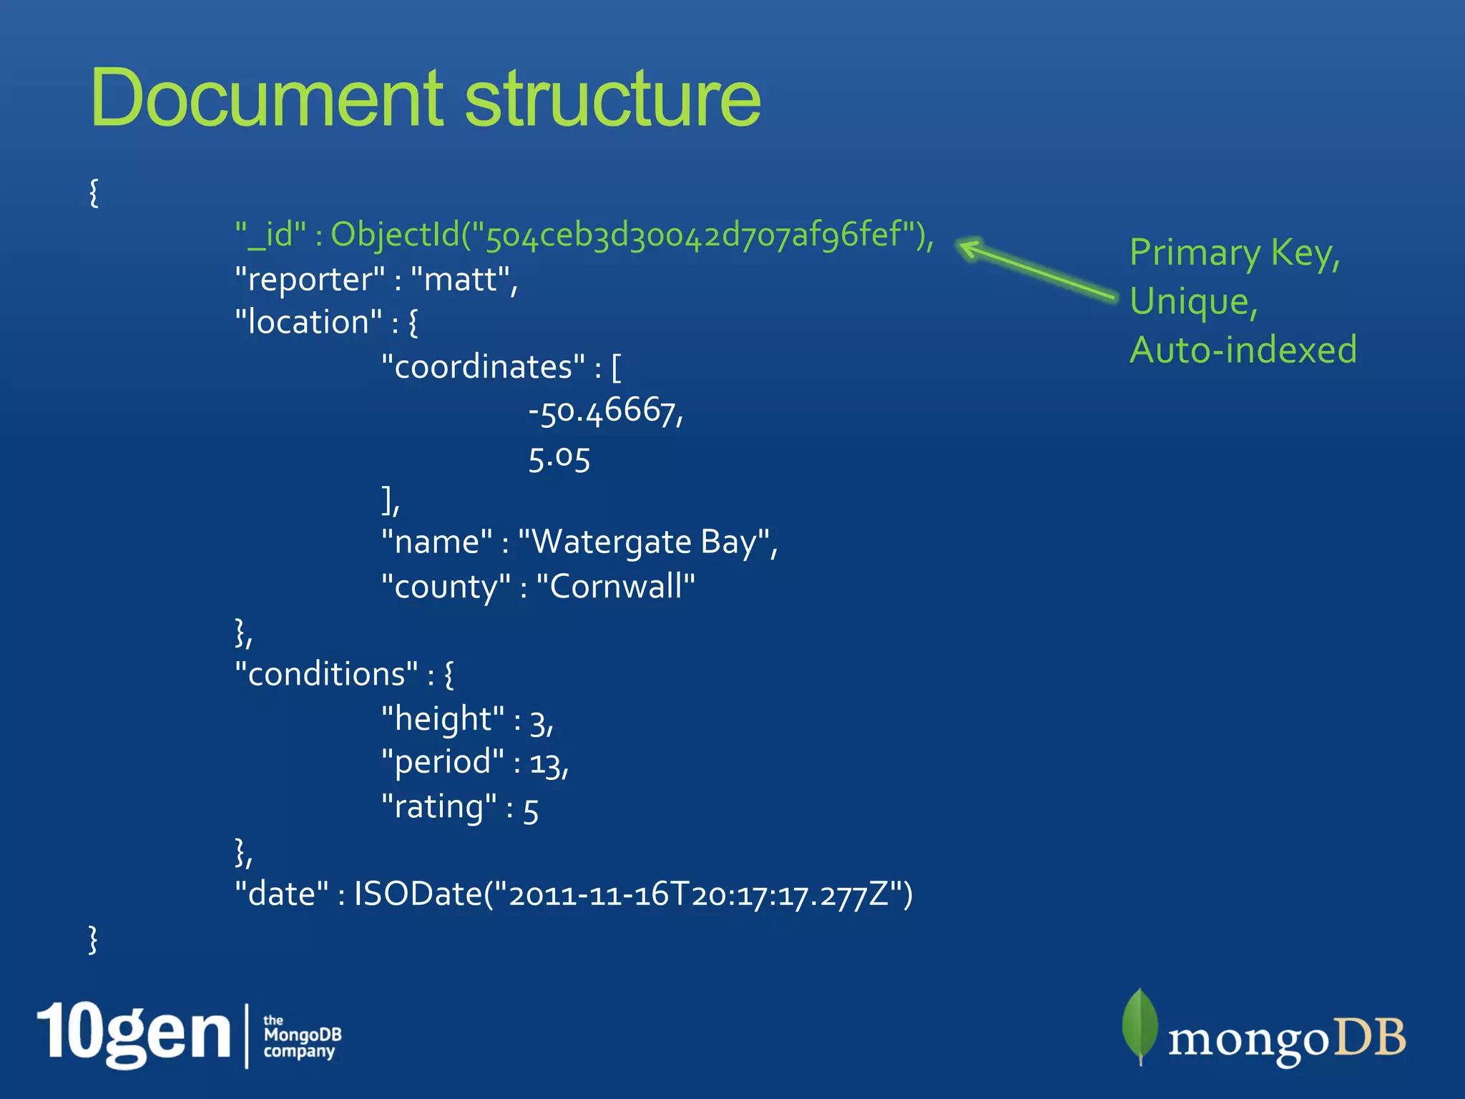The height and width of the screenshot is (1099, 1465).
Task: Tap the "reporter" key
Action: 309,279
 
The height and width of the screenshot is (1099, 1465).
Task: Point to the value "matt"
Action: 460,279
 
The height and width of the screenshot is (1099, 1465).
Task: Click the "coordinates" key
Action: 483,367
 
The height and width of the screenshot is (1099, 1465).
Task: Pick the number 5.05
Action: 559,457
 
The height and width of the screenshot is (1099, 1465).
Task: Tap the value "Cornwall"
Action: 615,587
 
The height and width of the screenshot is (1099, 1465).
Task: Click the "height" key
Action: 442,718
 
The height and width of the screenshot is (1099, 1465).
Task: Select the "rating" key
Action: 438,807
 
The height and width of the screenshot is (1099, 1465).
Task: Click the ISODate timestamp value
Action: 633,894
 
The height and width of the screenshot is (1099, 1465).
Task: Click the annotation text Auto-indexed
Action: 1243,350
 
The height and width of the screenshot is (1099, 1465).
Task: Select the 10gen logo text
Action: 134,1033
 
